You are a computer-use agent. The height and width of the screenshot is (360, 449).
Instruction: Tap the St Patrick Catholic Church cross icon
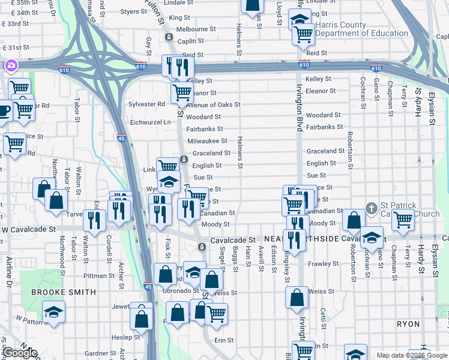click(x=372, y=208)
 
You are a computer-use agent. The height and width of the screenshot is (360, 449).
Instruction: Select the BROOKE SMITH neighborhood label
click(x=63, y=292)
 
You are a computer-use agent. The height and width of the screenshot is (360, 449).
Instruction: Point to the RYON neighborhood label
click(x=408, y=324)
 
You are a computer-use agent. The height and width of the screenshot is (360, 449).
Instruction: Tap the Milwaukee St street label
click(x=208, y=141)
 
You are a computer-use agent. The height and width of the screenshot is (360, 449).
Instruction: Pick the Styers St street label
click(x=133, y=11)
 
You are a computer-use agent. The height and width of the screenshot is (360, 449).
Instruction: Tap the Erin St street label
click(x=224, y=340)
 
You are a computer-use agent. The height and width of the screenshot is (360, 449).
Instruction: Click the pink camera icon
click(x=10, y=65)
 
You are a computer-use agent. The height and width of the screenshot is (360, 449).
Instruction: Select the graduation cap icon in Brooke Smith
click(x=53, y=312)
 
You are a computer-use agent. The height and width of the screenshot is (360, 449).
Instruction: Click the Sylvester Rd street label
click(x=146, y=104)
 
